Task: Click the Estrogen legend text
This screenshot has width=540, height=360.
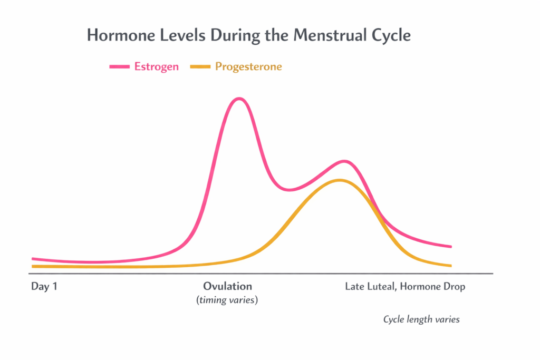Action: (157, 66)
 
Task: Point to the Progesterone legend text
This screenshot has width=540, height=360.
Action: (248, 66)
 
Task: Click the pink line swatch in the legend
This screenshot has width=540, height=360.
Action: (119, 66)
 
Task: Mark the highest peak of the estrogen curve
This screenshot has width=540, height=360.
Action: (239, 99)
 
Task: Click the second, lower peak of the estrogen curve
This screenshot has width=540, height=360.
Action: (344, 161)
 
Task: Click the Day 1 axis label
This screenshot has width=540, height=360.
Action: (44, 287)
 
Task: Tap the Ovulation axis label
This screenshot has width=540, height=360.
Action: (227, 286)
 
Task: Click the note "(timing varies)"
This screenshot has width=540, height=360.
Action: (227, 300)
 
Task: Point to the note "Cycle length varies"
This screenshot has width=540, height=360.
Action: (421, 319)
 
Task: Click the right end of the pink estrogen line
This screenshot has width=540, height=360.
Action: (450, 246)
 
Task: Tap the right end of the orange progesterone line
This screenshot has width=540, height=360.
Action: (450, 265)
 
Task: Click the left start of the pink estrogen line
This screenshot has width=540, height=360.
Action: (33, 259)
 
